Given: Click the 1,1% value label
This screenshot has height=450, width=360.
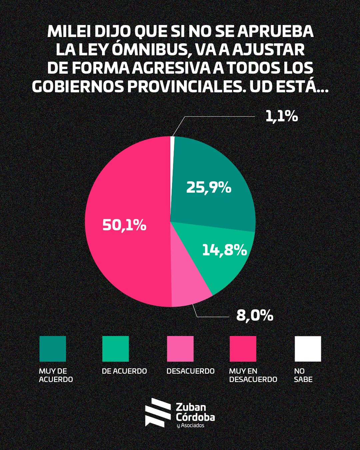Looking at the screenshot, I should [281, 117].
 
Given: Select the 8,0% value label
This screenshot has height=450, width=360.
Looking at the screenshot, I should [255, 315].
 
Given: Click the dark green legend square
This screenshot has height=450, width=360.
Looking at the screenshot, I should [53, 349].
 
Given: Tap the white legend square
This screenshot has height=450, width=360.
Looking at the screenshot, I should [308, 349].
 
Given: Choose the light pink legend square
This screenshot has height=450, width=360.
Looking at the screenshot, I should [180, 349].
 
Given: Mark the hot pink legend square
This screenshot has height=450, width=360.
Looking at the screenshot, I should [243, 349].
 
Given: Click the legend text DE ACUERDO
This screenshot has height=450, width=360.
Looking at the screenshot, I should [124, 371].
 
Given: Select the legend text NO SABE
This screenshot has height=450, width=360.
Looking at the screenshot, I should [303, 375].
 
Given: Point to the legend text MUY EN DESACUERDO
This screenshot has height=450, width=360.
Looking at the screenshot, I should [253, 375].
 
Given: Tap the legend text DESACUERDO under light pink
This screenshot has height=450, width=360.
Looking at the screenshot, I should [190, 371].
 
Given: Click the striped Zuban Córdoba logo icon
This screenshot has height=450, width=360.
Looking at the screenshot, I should [157, 413].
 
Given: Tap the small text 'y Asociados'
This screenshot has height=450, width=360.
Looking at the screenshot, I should [190, 426].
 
